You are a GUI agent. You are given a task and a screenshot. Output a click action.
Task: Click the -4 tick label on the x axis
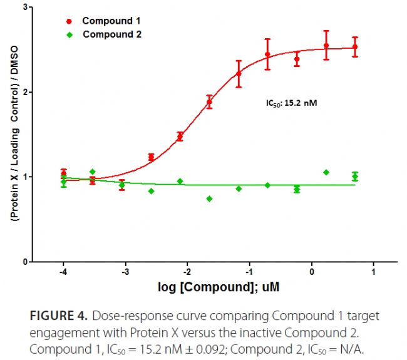click(x=63, y=273)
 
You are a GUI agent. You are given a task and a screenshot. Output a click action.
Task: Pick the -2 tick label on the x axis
click(x=187, y=273)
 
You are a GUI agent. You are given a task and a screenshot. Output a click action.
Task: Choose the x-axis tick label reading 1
click(x=374, y=273)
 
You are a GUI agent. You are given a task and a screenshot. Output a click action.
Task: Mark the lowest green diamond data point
click(x=209, y=198)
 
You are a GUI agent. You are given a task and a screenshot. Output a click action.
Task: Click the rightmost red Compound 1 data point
click(x=355, y=47)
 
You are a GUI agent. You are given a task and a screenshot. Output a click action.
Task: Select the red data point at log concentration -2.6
click(x=151, y=157)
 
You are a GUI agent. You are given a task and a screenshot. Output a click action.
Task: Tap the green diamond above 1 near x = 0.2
click(x=326, y=172)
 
